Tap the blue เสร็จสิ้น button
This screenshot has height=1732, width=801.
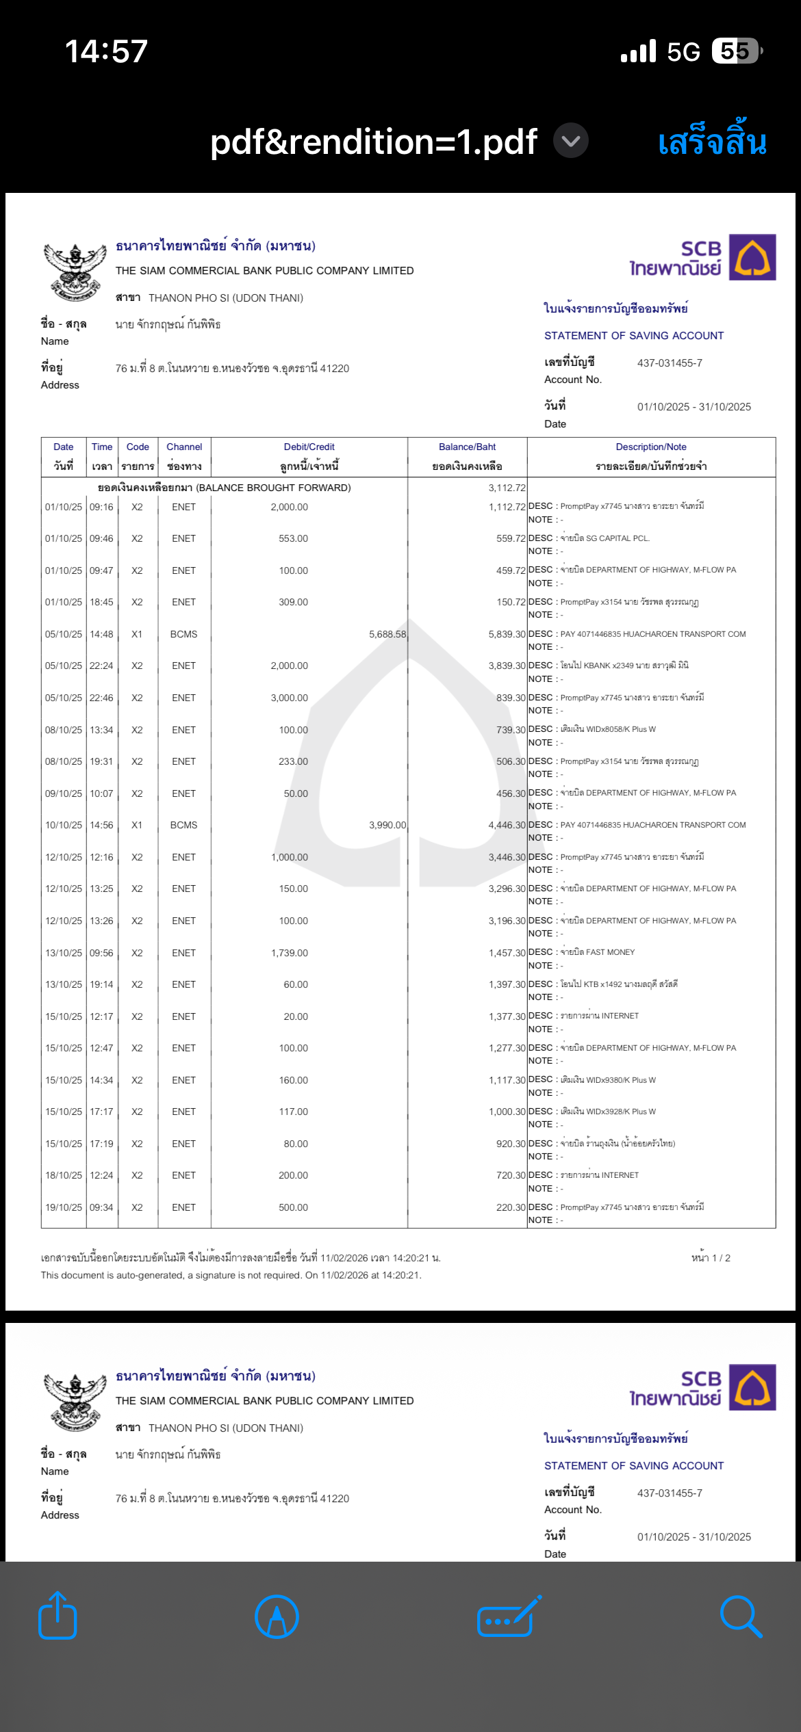point(712,142)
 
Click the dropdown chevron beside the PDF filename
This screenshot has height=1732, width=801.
point(570,142)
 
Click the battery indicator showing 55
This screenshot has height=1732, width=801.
point(736,51)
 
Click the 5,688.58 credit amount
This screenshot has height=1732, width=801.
point(387,634)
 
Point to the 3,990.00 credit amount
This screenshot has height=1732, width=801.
point(387,825)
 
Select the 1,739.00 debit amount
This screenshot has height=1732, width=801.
point(290,953)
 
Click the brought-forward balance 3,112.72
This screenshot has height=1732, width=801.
point(507,488)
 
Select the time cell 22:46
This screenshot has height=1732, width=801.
point(101,698)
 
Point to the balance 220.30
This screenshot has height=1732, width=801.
point(511,1207)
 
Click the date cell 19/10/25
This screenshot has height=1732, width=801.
point(64,1207)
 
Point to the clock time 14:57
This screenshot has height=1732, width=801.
point(106,51)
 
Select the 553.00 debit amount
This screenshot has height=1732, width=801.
point(293,538)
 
